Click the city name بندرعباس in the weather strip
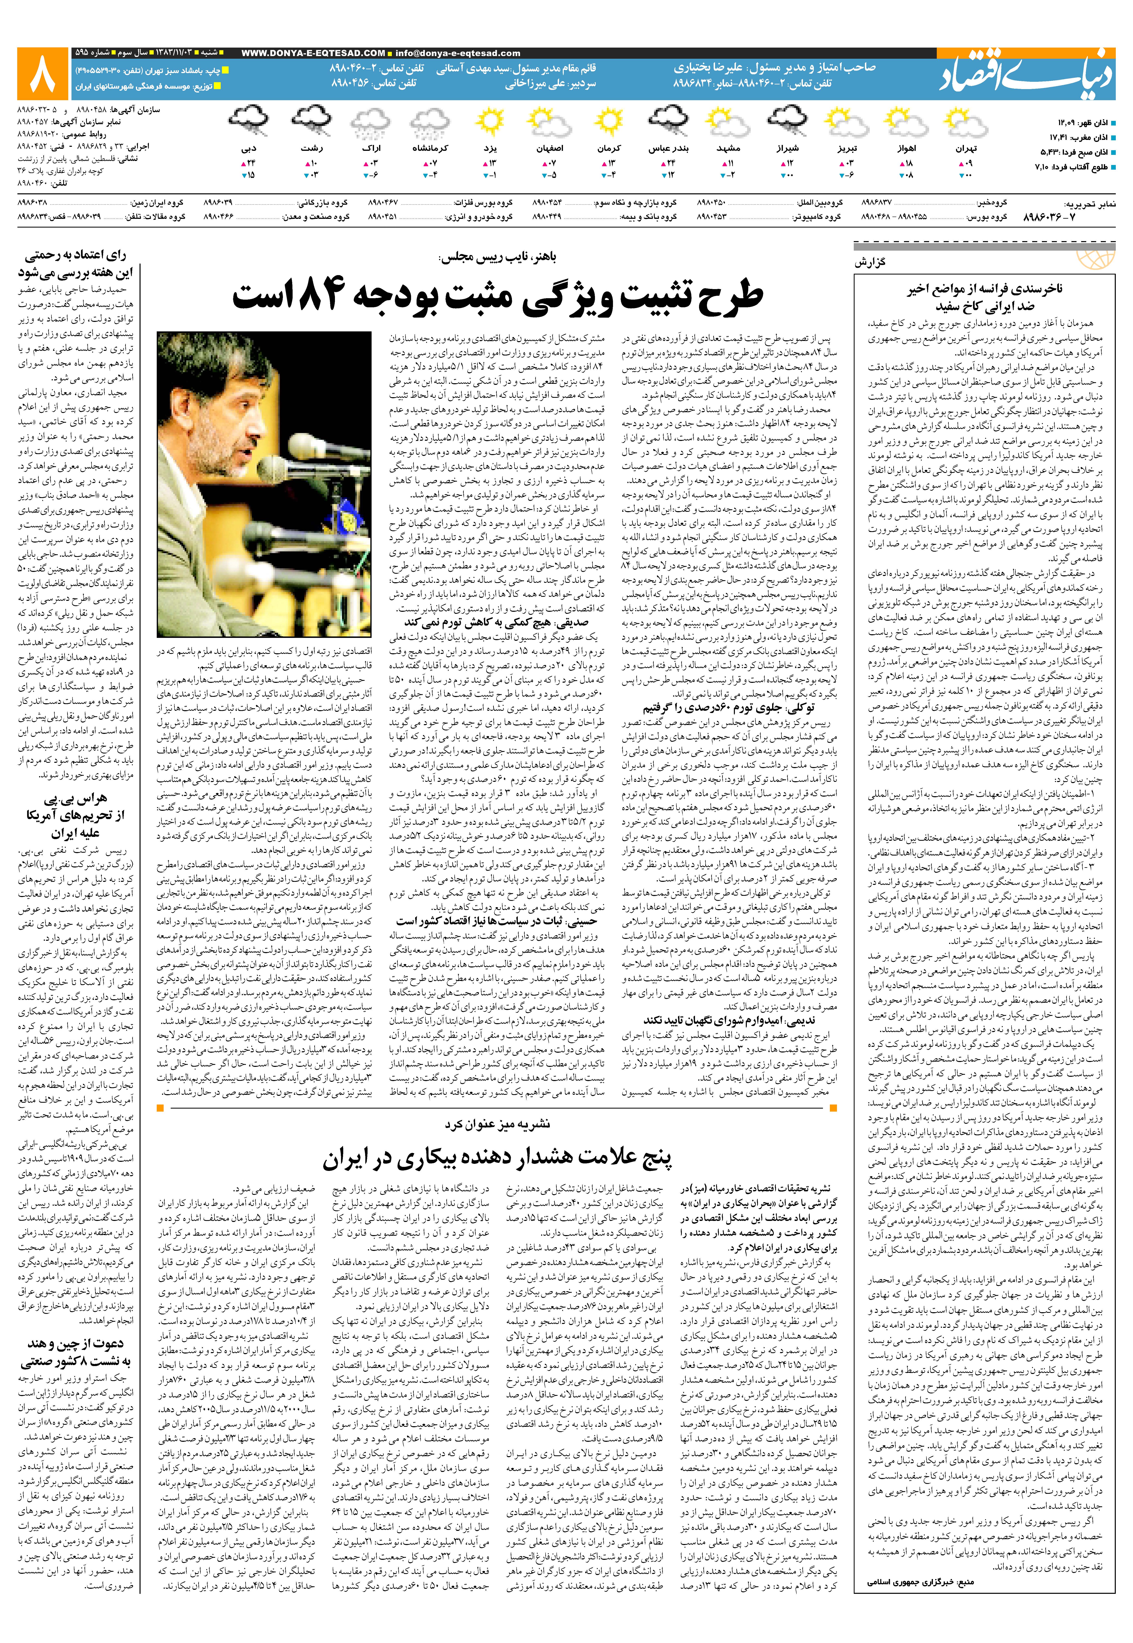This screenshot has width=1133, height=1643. tap(669, 148)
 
